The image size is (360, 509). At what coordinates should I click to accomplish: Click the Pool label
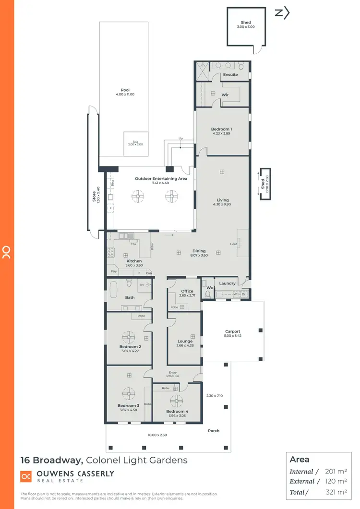125,90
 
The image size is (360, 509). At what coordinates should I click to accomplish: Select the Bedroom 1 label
221,129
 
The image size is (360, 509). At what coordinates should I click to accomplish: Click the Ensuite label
230,75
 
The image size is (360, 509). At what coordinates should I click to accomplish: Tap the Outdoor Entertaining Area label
161,178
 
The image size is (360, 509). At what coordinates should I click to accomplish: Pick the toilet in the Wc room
208,292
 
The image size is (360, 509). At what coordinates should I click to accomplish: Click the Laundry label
227,284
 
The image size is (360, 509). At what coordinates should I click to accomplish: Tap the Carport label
233,331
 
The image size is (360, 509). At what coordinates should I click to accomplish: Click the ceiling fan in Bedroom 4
176,401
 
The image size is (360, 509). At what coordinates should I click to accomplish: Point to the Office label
187,291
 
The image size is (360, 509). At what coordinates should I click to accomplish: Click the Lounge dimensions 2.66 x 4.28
185,345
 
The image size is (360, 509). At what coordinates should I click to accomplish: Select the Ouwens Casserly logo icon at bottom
26,476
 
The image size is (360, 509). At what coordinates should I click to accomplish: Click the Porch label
214,431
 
